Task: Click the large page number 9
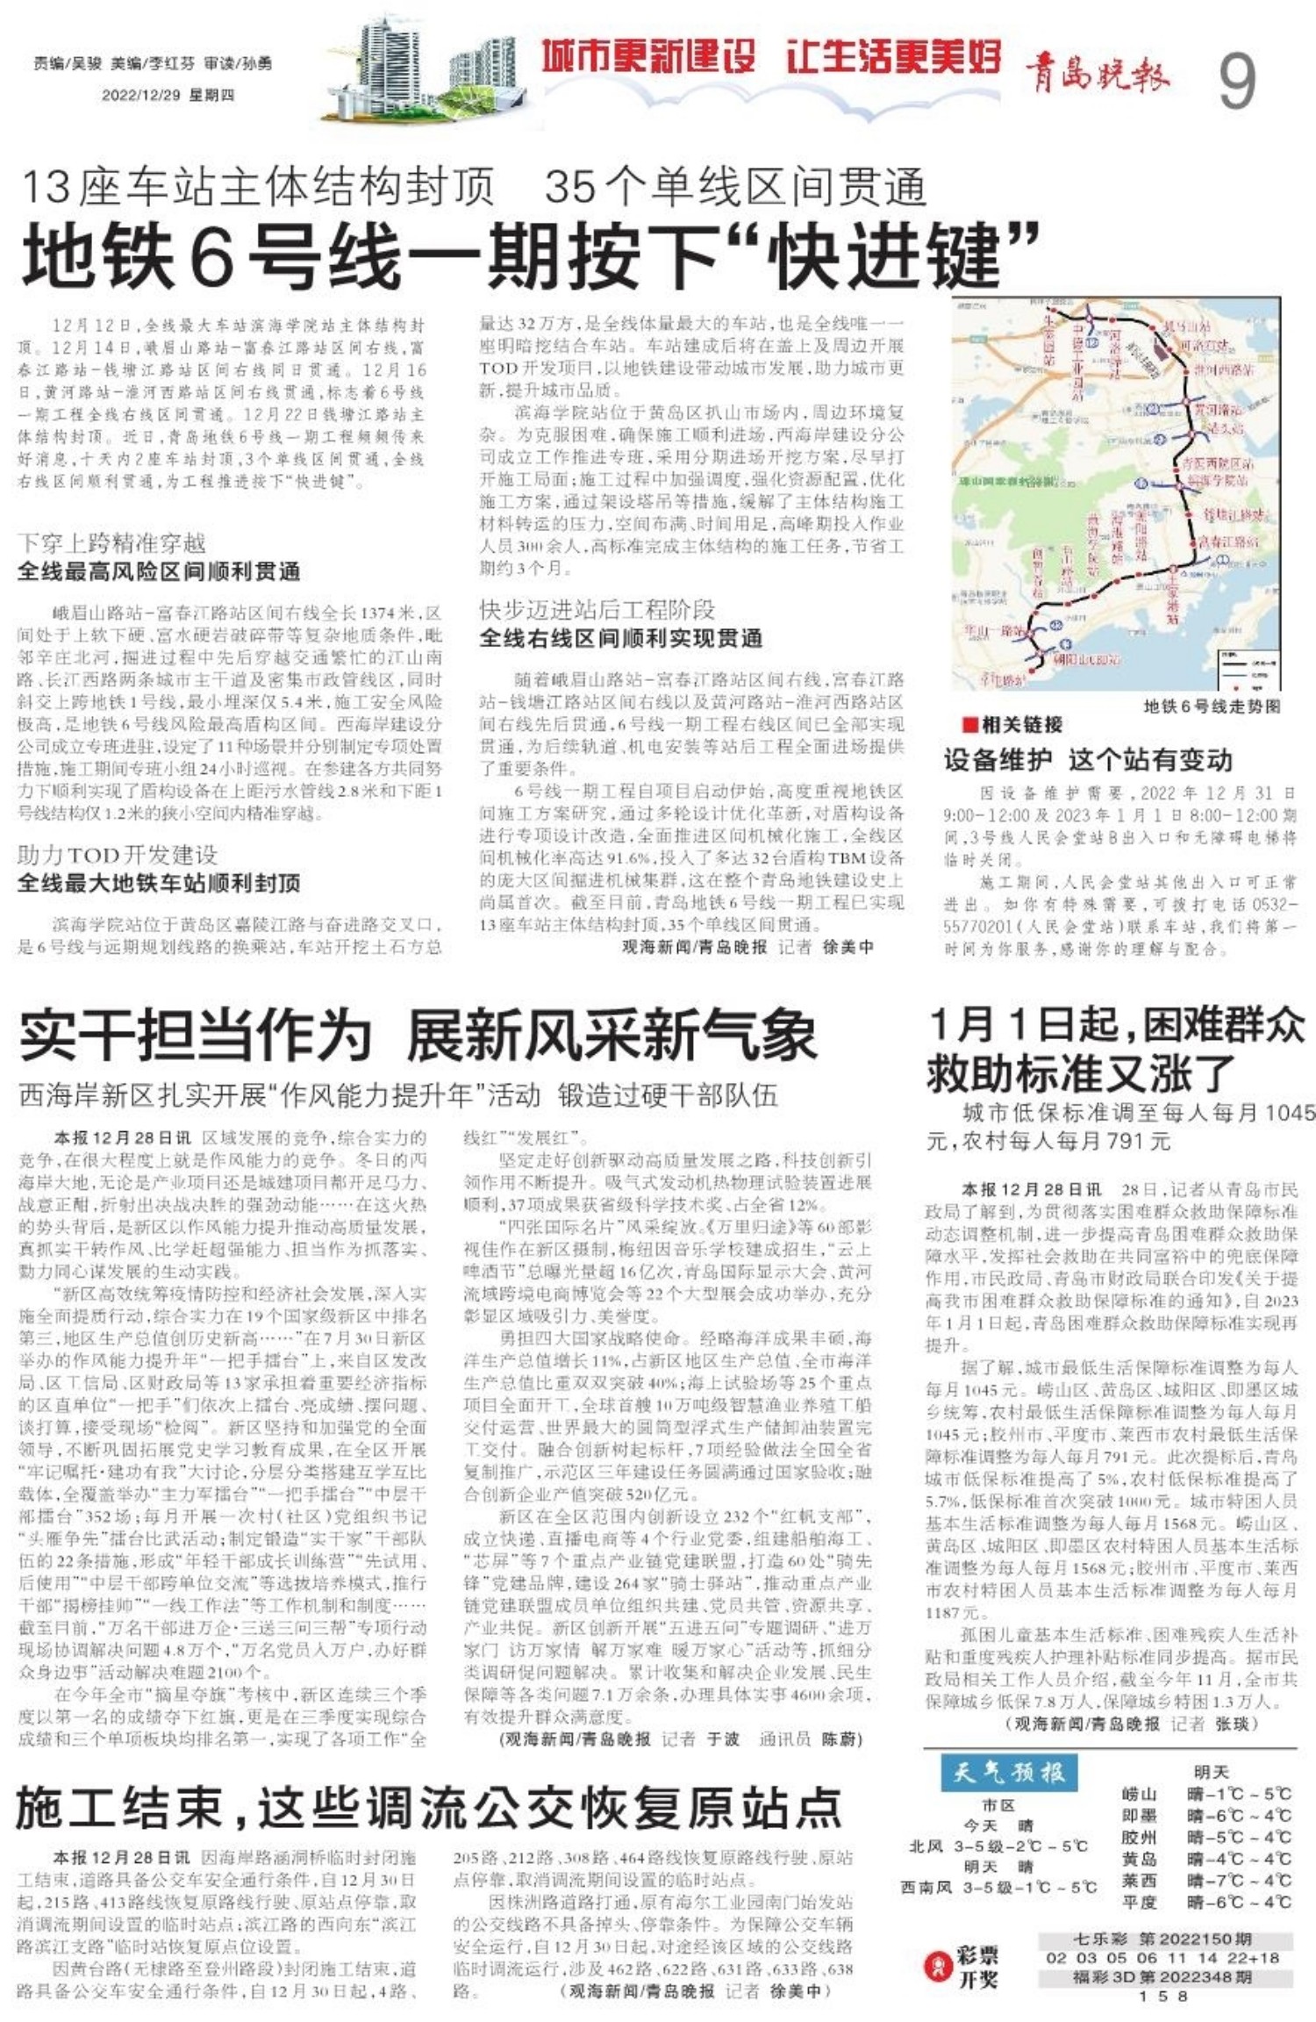click(1236, 81)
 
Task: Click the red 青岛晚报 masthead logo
click(1098, 71)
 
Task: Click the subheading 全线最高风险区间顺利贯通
click(159, 572)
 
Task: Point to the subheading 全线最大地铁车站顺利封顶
click(159, 883)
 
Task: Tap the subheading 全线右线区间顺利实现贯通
click(620, 638)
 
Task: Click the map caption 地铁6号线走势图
click(1212, 706)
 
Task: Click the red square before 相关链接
click(969, 725)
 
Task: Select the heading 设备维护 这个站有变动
click(1088, 759)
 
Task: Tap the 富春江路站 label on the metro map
click(1230, 541)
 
